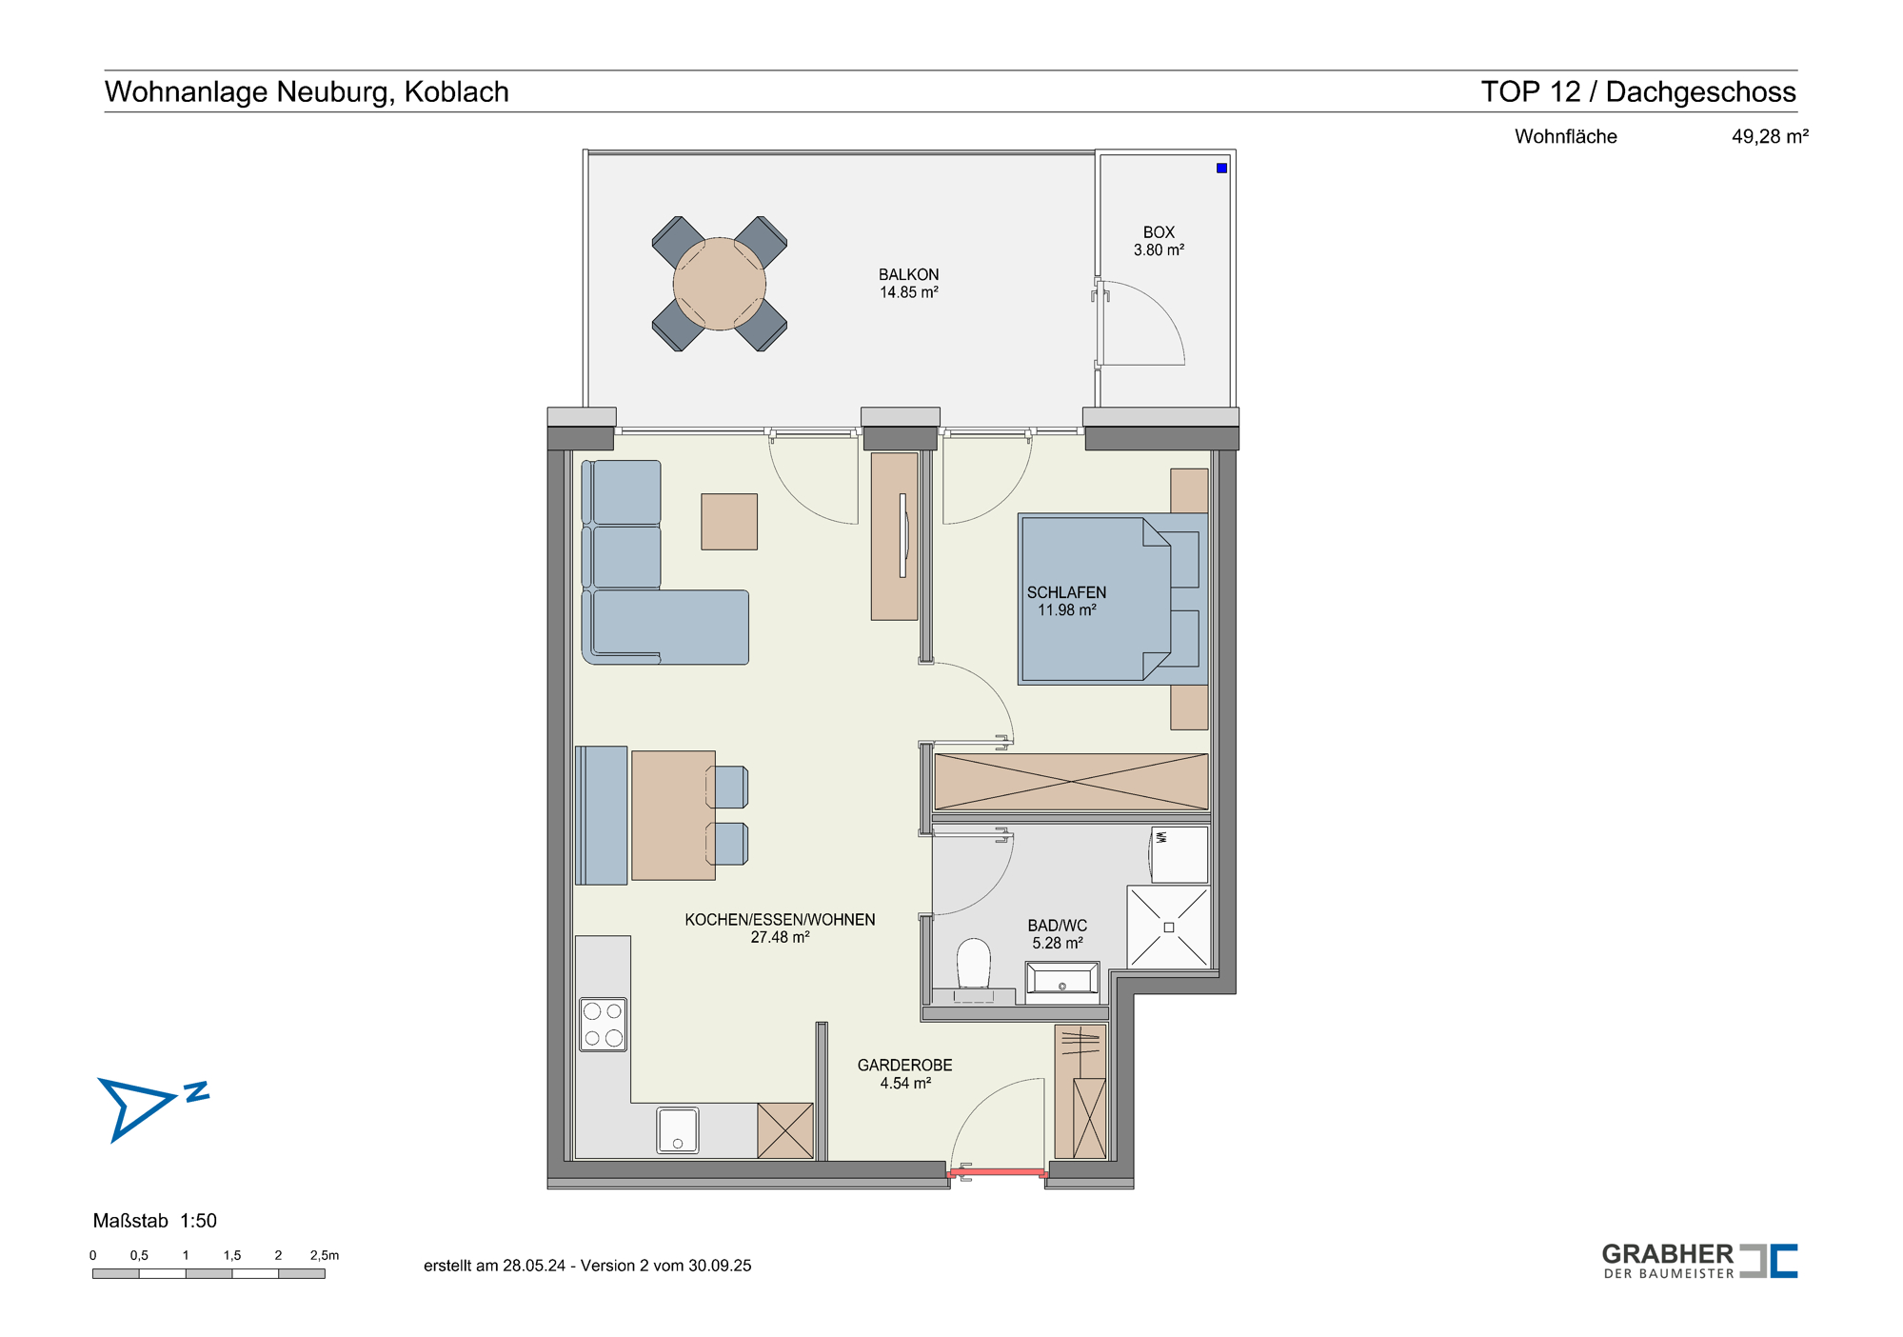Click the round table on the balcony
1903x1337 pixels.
720,284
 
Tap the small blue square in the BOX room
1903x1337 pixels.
1221,169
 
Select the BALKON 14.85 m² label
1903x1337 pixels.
908,283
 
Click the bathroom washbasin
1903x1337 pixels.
1062,980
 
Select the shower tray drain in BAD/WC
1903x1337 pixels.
1169,928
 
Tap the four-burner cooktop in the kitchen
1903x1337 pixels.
604,1025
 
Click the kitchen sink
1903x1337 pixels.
678,1130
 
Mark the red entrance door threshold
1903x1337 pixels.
998,1172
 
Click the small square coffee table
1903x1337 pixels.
729,522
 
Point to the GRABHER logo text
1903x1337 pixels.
1668,1255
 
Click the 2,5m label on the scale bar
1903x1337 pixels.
325,1255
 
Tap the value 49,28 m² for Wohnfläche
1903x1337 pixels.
1770,136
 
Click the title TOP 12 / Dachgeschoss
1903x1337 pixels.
1638,91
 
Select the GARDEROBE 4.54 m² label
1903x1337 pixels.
904,1074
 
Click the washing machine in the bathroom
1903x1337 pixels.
1179,854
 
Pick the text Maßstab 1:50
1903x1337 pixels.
155,1221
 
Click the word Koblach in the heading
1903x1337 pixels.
457,91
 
